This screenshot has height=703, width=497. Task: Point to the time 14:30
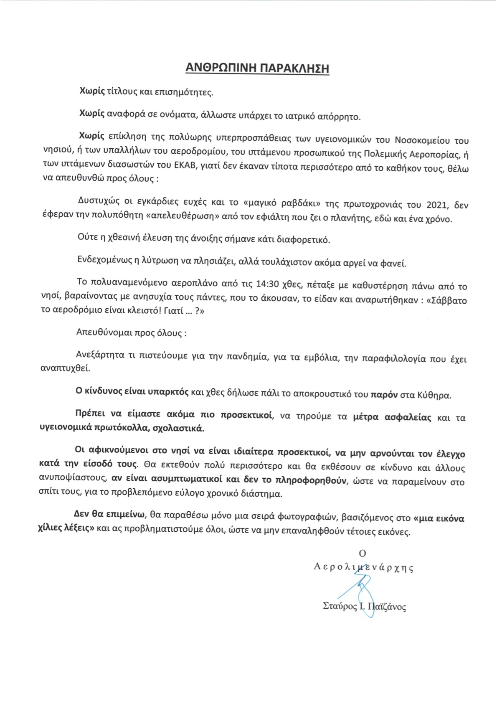click(267, 284)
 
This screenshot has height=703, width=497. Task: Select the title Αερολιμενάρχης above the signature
click(364, 568)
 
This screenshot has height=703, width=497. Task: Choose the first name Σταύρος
click(340, 606)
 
